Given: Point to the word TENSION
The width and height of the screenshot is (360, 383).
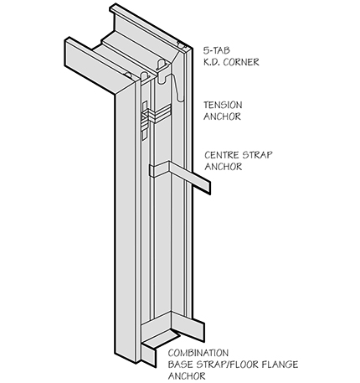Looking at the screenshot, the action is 223,105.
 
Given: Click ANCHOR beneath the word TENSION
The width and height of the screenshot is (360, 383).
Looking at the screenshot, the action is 222,116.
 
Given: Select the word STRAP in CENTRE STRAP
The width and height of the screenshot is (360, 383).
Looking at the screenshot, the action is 257,155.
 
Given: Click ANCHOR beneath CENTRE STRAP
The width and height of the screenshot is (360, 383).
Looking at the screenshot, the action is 224,167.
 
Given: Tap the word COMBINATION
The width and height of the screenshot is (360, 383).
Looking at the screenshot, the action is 198,353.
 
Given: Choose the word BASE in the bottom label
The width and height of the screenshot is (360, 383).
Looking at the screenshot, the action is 181,365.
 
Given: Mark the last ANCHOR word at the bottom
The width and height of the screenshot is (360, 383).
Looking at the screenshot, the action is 187,376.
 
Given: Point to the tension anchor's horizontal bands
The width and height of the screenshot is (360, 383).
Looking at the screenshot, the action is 157,114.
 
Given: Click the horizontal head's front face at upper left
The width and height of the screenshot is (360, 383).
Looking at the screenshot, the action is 92,68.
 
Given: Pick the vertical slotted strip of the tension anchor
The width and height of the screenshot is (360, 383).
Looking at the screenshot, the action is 145,121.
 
